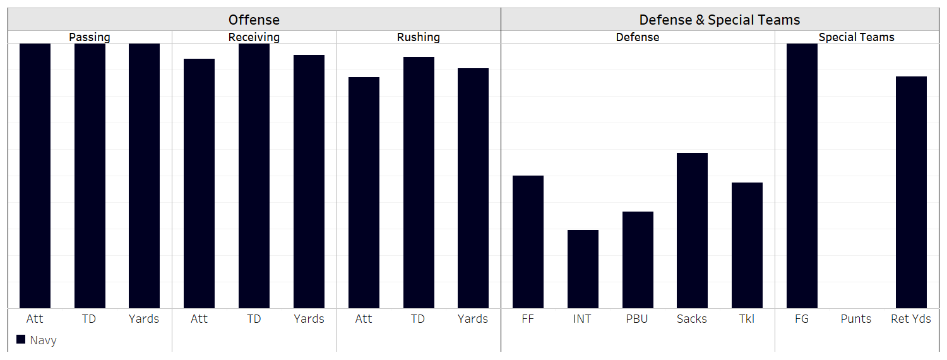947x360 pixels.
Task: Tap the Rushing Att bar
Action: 364,193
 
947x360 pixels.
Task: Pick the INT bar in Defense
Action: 583,269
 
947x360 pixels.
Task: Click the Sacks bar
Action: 692,231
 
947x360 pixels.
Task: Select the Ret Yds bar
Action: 911,192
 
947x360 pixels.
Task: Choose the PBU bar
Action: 638,260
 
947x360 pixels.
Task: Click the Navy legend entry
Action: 37,340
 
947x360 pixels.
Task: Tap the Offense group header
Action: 254,20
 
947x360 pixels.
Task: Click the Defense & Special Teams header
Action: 720,20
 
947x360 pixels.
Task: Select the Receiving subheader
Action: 254,37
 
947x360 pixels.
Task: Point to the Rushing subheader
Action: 419,37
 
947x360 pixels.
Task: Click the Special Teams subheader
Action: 856,37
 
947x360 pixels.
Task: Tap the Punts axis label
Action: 856,319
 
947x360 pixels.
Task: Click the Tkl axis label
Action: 746,319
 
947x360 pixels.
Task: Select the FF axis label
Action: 528,319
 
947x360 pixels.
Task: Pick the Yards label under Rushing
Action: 473,319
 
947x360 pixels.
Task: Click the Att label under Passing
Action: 35,319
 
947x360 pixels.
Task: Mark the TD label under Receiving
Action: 254,319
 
